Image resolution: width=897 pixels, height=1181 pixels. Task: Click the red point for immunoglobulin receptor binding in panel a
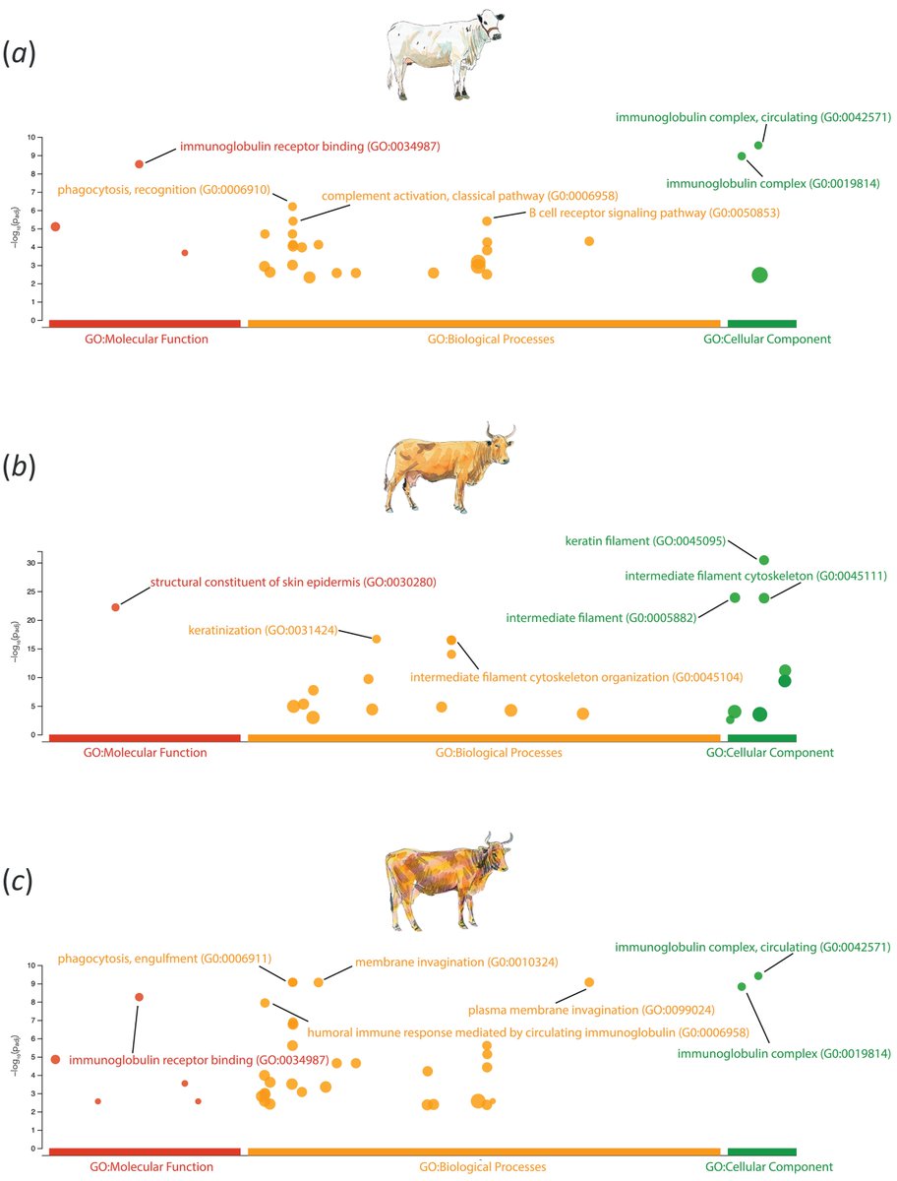click(x=140, y=163)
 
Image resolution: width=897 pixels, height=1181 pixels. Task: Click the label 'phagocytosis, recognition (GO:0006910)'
click(x=163, y=189)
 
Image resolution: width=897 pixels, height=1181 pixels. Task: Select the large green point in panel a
click(x=759, y=276)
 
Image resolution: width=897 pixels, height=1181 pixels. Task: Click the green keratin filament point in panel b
click(x=764, y=560)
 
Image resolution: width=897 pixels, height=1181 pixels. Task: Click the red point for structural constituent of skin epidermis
click(x=115, y=607)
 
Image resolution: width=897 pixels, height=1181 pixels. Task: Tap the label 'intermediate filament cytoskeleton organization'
click(x=575, y=677)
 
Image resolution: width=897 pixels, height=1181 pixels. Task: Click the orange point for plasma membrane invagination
click(x=589, y=982)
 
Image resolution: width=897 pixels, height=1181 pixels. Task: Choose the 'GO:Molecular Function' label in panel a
click(x=146, y=339)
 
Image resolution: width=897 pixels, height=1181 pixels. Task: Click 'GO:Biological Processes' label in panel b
click(x=498, y=753)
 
